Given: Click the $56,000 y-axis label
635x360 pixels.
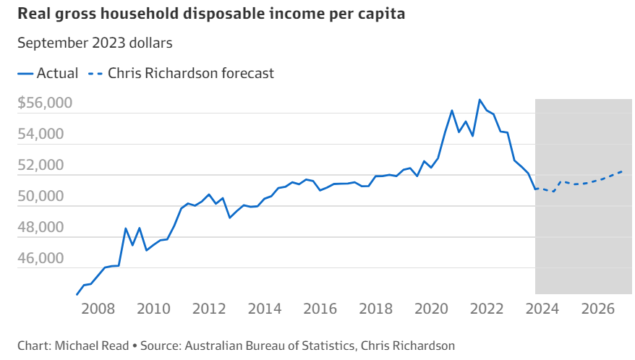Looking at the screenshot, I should [x=45, y=103].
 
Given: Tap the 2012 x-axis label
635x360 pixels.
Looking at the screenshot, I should [x=209, y=309].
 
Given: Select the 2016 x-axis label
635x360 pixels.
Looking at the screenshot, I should [x=320, y=309].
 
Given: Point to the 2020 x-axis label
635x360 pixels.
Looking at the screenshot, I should [x=431, y=309].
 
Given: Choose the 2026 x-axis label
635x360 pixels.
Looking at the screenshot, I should [x=597, y=309].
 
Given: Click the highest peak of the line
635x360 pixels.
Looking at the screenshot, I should [x=480, y=100].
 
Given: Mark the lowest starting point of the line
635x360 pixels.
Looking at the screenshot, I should [x=77, y=294].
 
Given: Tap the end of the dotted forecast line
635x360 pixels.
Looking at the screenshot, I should [x=622, y=171].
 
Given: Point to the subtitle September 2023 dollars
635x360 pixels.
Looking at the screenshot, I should [x=95, y=43].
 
